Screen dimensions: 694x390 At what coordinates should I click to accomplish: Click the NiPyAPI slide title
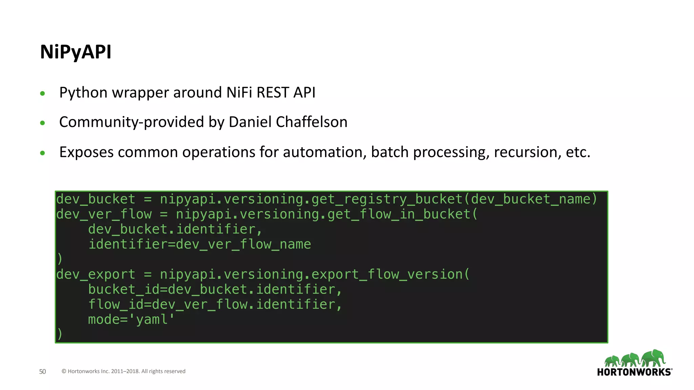(76, 52)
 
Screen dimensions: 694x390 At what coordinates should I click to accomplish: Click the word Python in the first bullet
(83, 93)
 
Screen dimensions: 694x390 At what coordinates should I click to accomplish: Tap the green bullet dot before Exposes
(42, 153)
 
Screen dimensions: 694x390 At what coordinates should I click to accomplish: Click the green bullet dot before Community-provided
(42, 123)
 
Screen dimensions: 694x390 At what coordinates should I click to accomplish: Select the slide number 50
(42, 371)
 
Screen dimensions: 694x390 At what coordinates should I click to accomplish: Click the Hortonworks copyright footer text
(123, 371)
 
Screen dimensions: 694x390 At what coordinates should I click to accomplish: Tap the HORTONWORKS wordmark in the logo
(634, 372)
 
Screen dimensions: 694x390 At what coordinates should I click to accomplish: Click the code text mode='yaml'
(131, 319)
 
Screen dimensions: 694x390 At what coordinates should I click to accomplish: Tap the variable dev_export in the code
(96, 274)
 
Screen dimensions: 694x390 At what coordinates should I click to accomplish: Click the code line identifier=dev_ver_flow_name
(200, 244)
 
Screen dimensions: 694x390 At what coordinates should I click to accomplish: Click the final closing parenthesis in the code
(60, 334)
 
